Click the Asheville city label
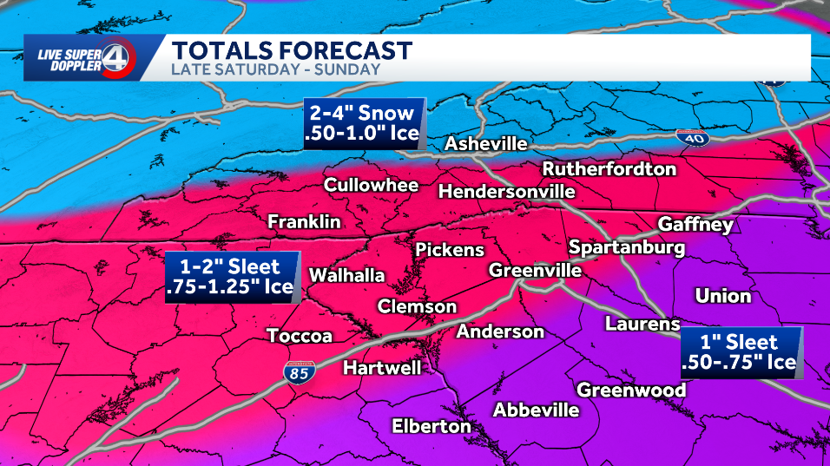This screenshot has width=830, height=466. click(x=485, y=143)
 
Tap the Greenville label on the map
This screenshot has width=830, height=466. click(x=535, y=270)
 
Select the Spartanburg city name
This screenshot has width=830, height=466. click(x=627, y=247)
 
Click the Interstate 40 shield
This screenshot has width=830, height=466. click(x=689, y=136)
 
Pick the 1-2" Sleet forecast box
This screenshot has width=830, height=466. click(x=232, y=278)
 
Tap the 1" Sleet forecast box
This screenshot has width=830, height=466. click(x=741, y=351)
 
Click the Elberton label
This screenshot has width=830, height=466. click(x=431, y=426)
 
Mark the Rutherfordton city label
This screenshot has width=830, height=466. click(x=609, y=168)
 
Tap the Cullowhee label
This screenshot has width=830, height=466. click(x=371, y=185)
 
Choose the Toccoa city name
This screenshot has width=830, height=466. click(x=299, y=336)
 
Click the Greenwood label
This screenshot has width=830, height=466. click(x=631, y=390)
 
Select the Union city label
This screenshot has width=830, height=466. click(x=722, y=296)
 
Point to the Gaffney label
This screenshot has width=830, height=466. click(x=695, y=225)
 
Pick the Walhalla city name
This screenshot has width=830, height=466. click(x=346, y=275)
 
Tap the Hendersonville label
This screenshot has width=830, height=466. click(x=507, y=191)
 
